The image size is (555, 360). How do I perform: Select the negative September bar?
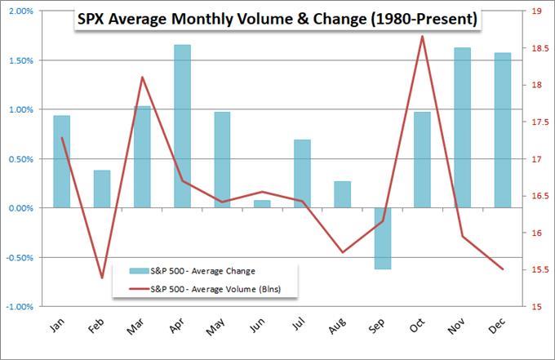(x=382, y=238)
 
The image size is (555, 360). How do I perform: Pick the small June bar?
(x=262, y=204)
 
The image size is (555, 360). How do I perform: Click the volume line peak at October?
(x=422, y=37)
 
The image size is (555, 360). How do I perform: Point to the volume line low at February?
(x=102, y=278)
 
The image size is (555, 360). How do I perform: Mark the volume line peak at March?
(x=142, y=78)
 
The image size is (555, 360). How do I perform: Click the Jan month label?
(x=57, y=325)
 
